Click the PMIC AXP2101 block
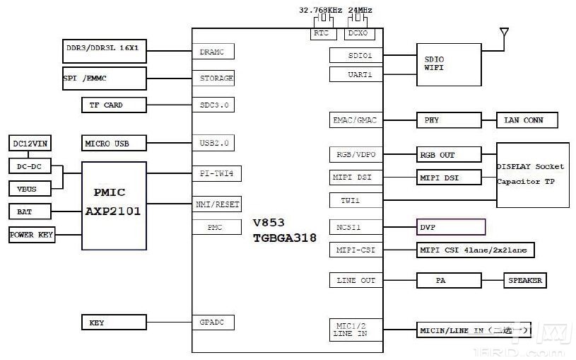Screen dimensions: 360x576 pos(114,205)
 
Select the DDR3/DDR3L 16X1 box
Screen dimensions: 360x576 pos(105,51)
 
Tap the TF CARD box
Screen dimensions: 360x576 pos(114,105)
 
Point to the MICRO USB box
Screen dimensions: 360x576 pos(114,144)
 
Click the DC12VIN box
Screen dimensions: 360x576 pos(29,144)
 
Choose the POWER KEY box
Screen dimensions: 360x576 pos(32,234)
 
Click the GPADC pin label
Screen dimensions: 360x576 pos(213,323)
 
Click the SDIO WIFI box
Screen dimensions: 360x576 pos(448,64)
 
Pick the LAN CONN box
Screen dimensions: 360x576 pos(527,120)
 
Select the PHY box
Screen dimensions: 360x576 pos(448,120)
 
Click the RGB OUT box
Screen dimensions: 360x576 pos(448,155)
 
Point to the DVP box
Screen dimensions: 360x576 pos(451,227)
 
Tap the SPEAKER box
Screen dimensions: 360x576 pos(524,281)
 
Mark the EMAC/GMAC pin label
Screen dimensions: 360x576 pos(355,120)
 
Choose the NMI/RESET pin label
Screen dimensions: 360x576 pos(216,204)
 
